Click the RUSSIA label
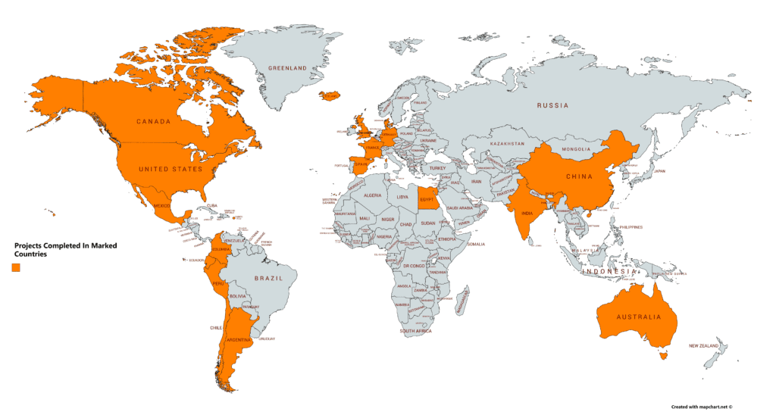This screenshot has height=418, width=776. (553, 106)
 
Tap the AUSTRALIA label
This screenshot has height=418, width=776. (638, 317)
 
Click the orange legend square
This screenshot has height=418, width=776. (16, 267)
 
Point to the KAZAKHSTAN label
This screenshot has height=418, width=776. (507, 143)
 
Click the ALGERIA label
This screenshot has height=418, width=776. (373, 195)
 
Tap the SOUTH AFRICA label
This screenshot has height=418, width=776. (417, 331)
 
